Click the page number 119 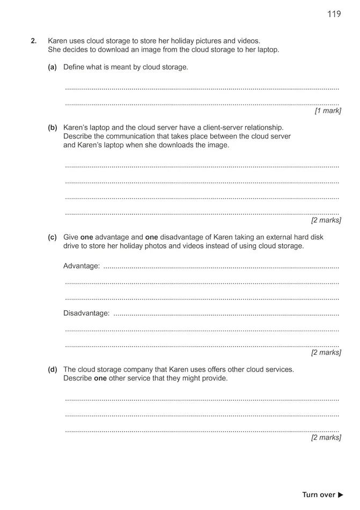(x=334, y=14)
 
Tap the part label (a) (x=53, y=67)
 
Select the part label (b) (x=53, y=128)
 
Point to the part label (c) (x=53, y=237)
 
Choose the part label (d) (x=53, y=370)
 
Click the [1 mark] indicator (x=327, y=111)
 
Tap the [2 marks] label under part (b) (x=326, y=221)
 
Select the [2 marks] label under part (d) (x=326, y=438)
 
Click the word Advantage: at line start (x=82, y=266)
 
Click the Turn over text (x=319, y=495)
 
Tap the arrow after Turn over (x=340, y=495)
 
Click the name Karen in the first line (x=58, y=41)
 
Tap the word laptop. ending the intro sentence (x=267, y=50)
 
